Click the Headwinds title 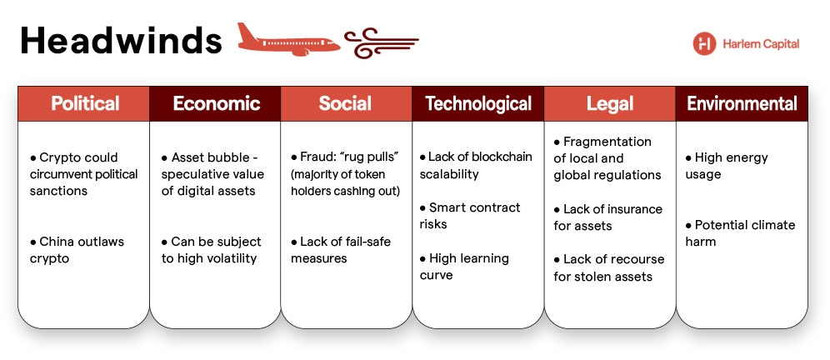point(121,41)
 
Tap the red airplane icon point(288,40)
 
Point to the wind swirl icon point(381,42)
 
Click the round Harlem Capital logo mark point(704,43)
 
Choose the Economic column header point(216,104)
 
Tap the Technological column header point(478,104)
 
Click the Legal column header point(610,104)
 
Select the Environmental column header point(742,104)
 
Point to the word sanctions point(58,191)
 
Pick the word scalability point(449,175)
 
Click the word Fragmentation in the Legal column point(607,142)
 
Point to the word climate point(774,225)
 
